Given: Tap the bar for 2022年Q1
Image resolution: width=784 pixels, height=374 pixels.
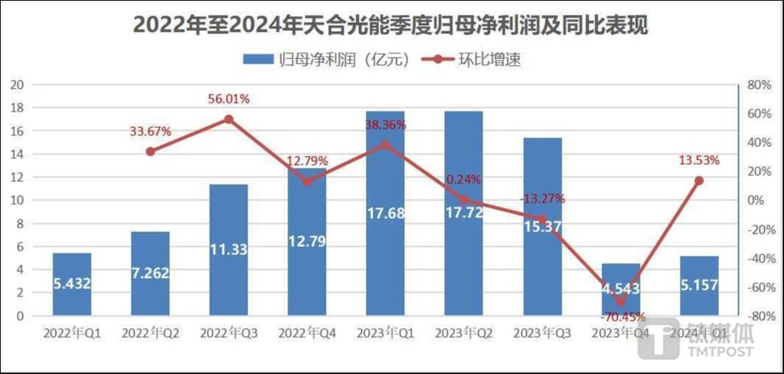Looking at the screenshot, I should [x=72, y=285].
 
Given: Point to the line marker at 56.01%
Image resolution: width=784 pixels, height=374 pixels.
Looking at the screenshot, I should [x=228, y=119].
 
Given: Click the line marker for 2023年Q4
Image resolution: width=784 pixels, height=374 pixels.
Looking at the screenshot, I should [x=620, y=302].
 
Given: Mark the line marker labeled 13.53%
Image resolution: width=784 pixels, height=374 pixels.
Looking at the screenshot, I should [x=698, y=180].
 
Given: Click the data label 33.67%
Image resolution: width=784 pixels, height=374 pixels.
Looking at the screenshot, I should [x=150, y=132].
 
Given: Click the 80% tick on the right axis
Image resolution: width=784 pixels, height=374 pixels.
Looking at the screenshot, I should [x=758, y=85].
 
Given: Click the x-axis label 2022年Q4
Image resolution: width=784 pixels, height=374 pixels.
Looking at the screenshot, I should [x=306, y=333].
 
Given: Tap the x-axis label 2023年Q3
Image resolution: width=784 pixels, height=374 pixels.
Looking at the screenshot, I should [x=542, y=333].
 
